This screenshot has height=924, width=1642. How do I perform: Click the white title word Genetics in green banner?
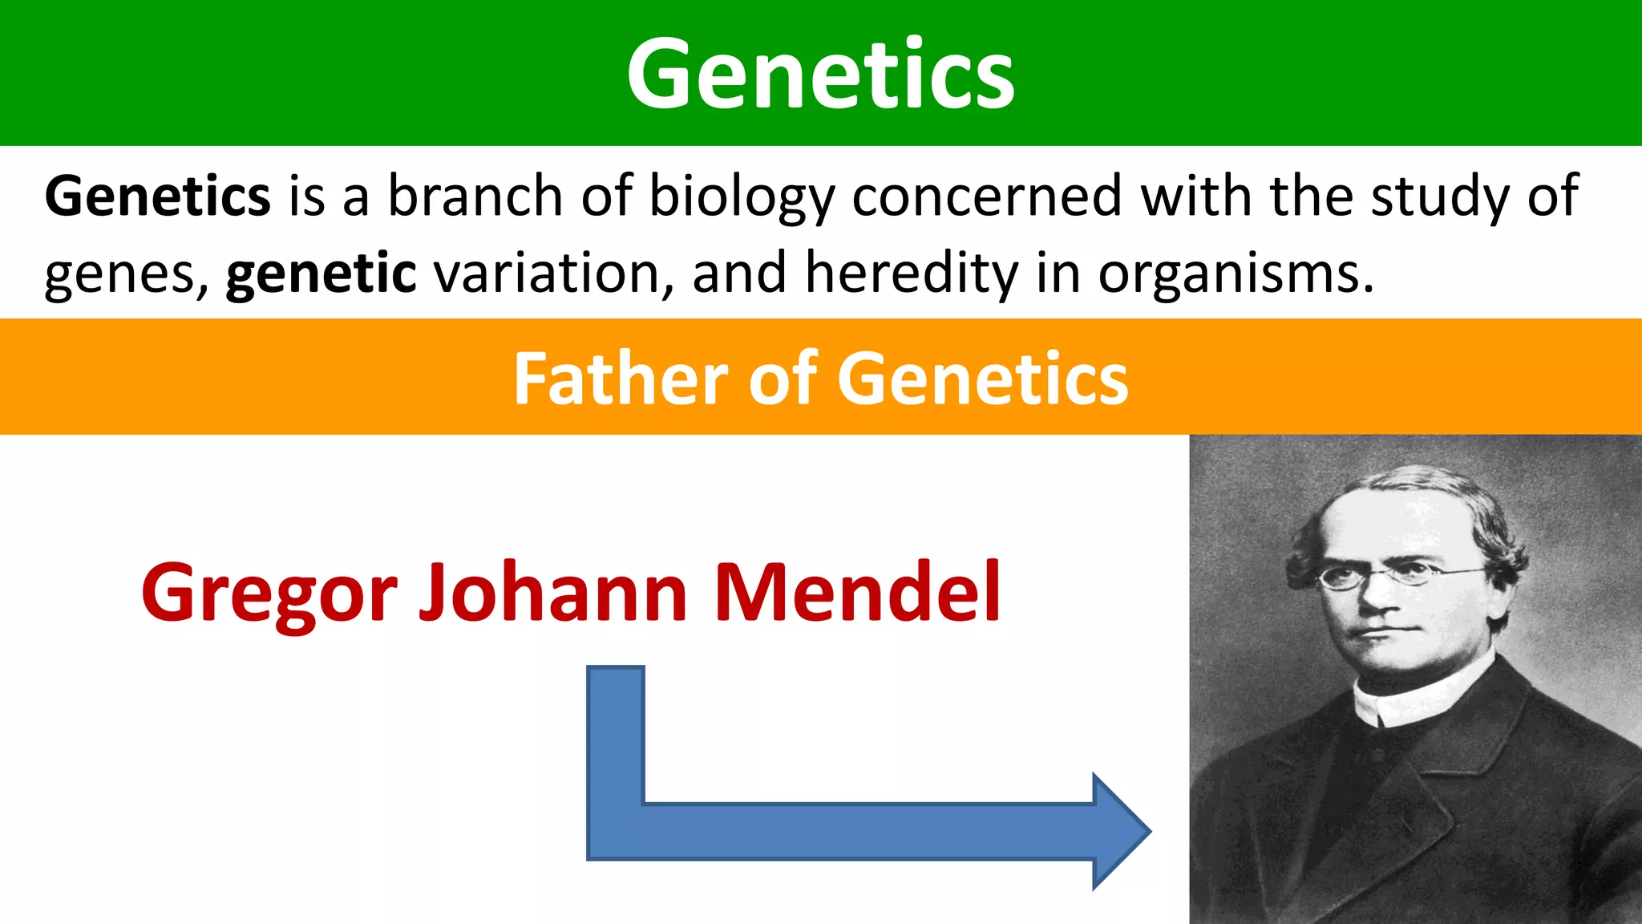pyautogui.click(x=820, y=74)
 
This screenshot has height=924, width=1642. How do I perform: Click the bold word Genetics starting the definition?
pyautogui.click(x=158, y=197)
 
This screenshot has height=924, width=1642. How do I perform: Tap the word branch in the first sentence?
pyautogui.click(x=475, y=197)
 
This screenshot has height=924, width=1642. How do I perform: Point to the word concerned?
pyautogui.click(x=986, y=197)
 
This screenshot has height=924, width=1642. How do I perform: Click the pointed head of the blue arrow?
pyautogui.click(x=1122, y=832)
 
